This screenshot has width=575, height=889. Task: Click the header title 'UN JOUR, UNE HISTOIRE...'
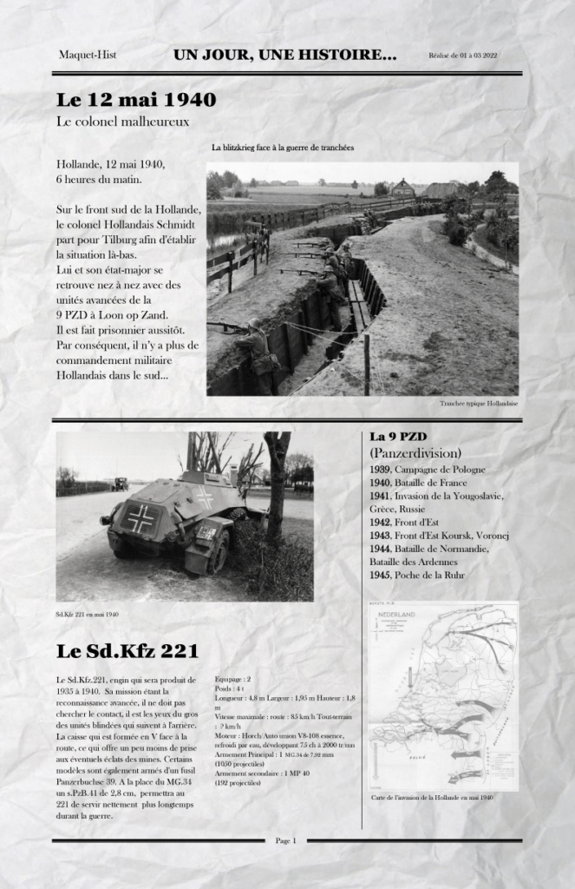pyautogui.click(x=284, y=56)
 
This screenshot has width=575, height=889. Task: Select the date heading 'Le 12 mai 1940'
pyautogui.click(x=136, y=99)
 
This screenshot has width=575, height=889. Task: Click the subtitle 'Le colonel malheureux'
pyautogui.click(x=122, y=122)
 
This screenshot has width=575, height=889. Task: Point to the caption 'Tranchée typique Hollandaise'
pyautogui.click(x=479, y=404)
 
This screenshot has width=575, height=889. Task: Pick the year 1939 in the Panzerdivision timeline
pyautogui.click(x=381, y=470)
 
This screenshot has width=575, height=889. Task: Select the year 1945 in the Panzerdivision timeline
pyautogui.click(x=381, y=575)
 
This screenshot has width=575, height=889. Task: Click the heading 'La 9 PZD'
pyautogui.click(x=398, y=436)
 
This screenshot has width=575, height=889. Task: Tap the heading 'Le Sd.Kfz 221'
pyautogui.click(x=127, y=650)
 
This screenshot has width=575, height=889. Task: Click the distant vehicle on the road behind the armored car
pyautogui.click(x=119, y=484)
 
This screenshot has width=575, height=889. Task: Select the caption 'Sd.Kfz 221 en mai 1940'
pyautogui.click(x=87, y=615)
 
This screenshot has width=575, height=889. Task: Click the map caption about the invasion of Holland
pyautogui.click(x=432, y=797)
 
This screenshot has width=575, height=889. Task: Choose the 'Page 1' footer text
pyautogui.click(x=286, y=840)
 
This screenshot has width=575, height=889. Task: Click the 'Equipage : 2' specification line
pyautogui.click(x=233, y=679)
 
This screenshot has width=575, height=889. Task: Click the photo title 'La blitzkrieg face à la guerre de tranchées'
pyautogui.click(x=283, y=148)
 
